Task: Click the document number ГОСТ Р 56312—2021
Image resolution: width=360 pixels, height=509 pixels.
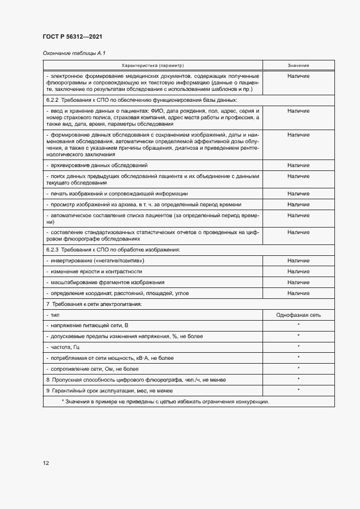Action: tap(72, 36)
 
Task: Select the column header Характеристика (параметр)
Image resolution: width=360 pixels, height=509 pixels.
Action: tap(153, 65)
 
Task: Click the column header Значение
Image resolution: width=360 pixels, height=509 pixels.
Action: tap(298, 65)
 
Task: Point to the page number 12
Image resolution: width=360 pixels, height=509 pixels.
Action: tap(46, 463)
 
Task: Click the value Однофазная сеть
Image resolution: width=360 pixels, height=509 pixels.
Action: tap(298, 315)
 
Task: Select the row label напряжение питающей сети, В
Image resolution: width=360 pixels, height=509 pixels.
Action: tap(88, 325)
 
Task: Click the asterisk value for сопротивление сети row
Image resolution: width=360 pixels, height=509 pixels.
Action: tap(298, 369)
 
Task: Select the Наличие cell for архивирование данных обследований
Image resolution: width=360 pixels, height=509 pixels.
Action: tap(298, 165)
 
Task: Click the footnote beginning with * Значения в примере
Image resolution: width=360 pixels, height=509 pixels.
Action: tap(165, 401)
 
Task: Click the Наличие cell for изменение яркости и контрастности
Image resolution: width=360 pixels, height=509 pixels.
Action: tap(298, 271)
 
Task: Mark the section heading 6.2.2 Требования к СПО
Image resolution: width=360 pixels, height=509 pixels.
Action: tap(141, 100)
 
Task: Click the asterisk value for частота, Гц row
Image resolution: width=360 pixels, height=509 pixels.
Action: tap(298, 346)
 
